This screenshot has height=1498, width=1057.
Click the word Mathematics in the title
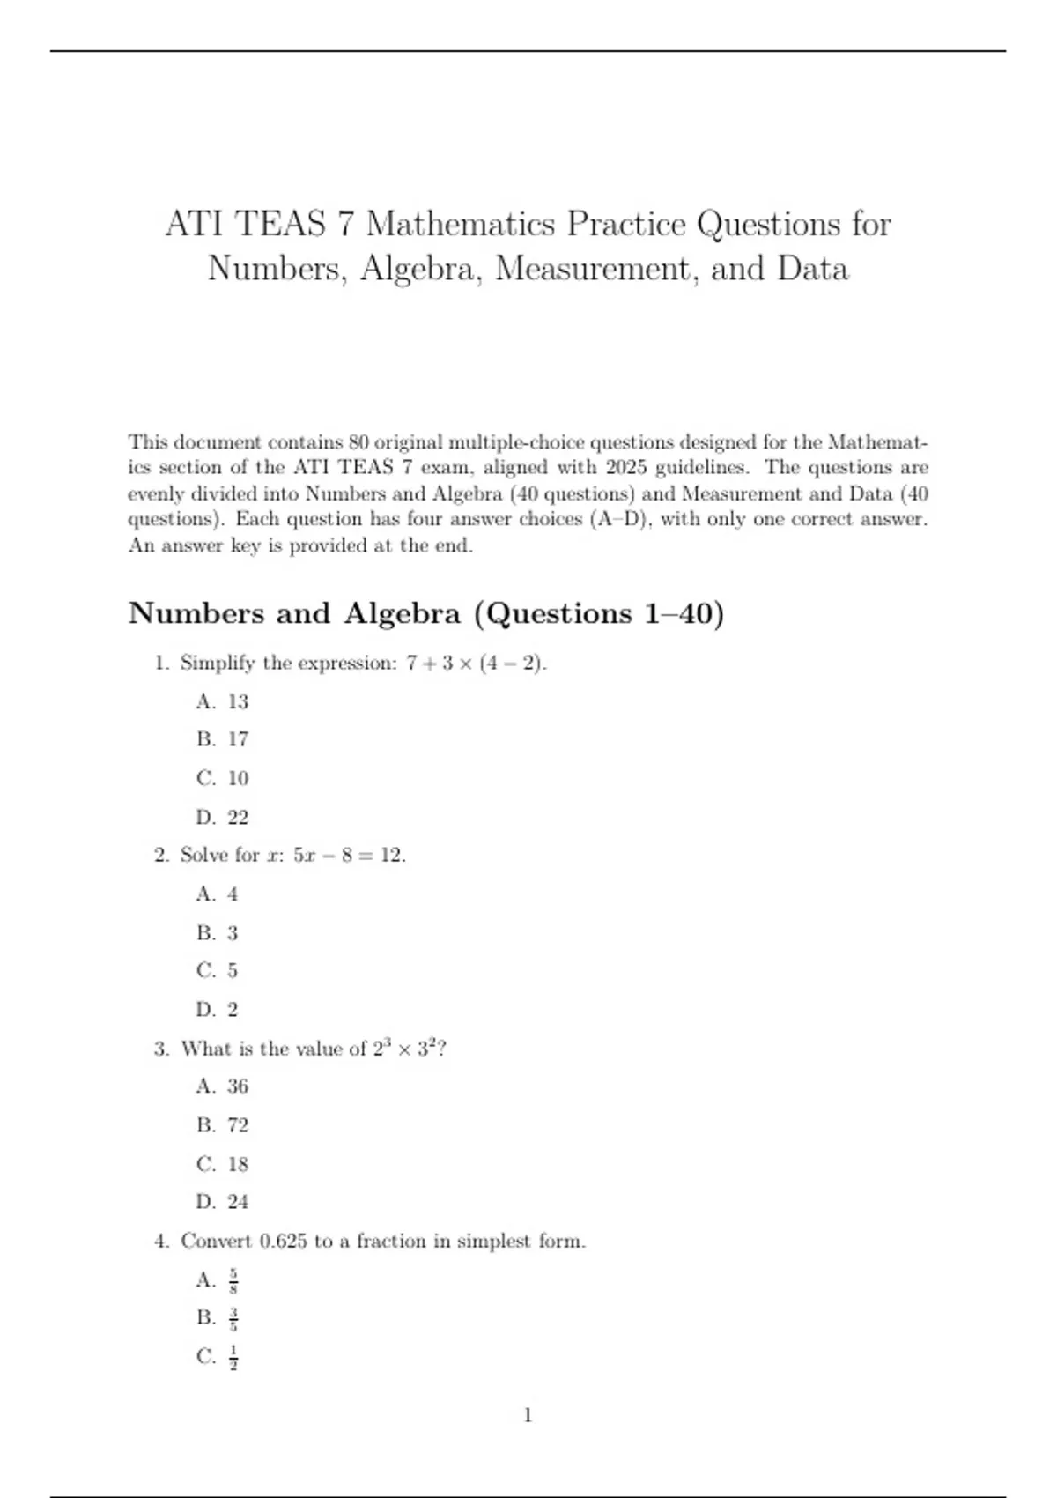point(460,224)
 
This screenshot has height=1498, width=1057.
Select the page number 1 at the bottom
point(528,1416)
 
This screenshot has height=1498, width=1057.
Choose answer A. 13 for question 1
point(223,702)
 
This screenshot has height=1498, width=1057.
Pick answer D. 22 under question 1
point(223,818)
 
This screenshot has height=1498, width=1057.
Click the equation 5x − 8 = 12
point(349,856)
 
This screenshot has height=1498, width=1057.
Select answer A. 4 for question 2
point(218,894)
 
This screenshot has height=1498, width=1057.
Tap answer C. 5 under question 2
point(218,971)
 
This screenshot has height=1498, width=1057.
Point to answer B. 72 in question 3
point(223,1125)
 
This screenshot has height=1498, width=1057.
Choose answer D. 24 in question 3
point(223,1202)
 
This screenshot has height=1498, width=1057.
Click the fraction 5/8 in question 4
point(233,1280)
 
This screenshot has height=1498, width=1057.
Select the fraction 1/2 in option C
point(233,1357)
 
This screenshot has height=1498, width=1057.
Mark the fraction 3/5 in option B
point(233,1318)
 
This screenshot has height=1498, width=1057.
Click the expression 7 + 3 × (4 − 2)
point(476,664)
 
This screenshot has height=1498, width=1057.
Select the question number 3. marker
point(161,1049)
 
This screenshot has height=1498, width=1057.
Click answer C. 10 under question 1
point(223,779)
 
